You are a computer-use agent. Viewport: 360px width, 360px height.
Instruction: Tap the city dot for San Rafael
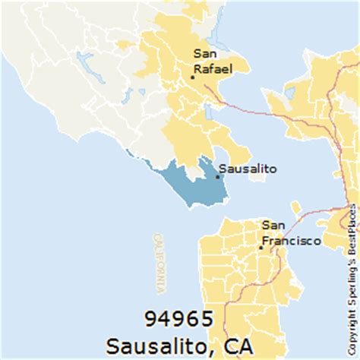tap(193, 76)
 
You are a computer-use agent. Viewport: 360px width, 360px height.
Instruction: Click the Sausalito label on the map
tap(247, 169)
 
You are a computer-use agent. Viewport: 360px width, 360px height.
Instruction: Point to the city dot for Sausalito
tap(218, 177)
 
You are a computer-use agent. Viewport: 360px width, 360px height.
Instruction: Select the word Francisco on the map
tap(291, 241)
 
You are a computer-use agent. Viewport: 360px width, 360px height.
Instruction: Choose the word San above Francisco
tap(274, 226)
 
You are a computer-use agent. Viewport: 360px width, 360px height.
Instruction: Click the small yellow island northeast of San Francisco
tap(295, 206)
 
